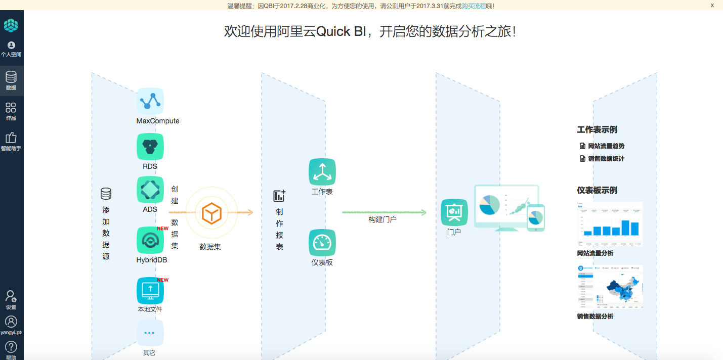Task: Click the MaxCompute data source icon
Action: pos(150,101)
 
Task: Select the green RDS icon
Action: pos(150,147)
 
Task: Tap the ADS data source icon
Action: pos(150,190)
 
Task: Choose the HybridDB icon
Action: pos(150,240)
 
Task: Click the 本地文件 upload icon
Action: pos(150,291)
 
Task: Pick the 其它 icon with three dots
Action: pos(150,333)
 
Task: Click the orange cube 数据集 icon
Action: pos(211,213)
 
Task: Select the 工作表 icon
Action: pos(322,172)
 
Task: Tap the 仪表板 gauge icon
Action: pos(322,243)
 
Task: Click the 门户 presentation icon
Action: pos(454,212)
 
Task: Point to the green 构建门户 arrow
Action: pos(385,212)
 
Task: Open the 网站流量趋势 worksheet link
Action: pos(606,146)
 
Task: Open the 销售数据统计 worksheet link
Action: pos(606,159)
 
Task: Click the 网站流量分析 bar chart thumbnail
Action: pos(610,224)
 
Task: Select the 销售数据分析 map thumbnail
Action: pos(610,287)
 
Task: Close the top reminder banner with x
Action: pos(712,6)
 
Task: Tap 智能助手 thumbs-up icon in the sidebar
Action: pos(11,138)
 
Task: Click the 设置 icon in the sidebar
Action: pos(11,297)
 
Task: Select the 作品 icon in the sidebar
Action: pos(11,108)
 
